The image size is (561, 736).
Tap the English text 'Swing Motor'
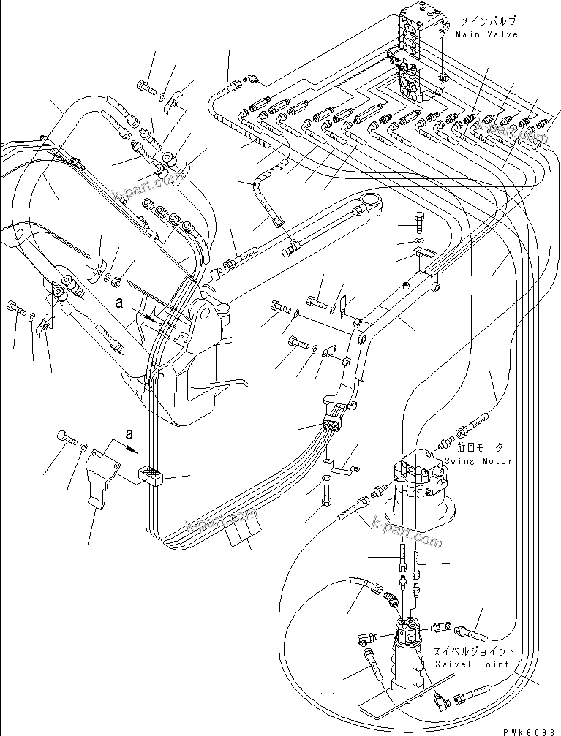tap(479, 461)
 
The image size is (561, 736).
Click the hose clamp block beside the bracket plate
tap(151, 477)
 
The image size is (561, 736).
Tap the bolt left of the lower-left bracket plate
tap(64, 438)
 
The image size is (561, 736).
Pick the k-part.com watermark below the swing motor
tap(407, 533)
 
